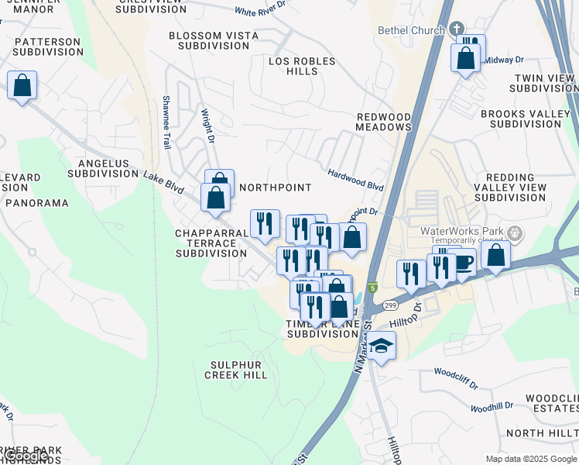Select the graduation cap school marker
(x=381, y=346)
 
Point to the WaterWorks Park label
(x=461, y=231)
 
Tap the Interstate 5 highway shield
(x=373, y=288)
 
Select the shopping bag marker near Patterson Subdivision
(x=22, y=84)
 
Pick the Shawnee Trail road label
(x=166, y=122)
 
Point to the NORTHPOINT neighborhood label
(x=275, y=188)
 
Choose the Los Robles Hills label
(x=302, y=66)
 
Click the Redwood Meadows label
(x=383, y=122)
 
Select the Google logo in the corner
(x=26, y=456)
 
